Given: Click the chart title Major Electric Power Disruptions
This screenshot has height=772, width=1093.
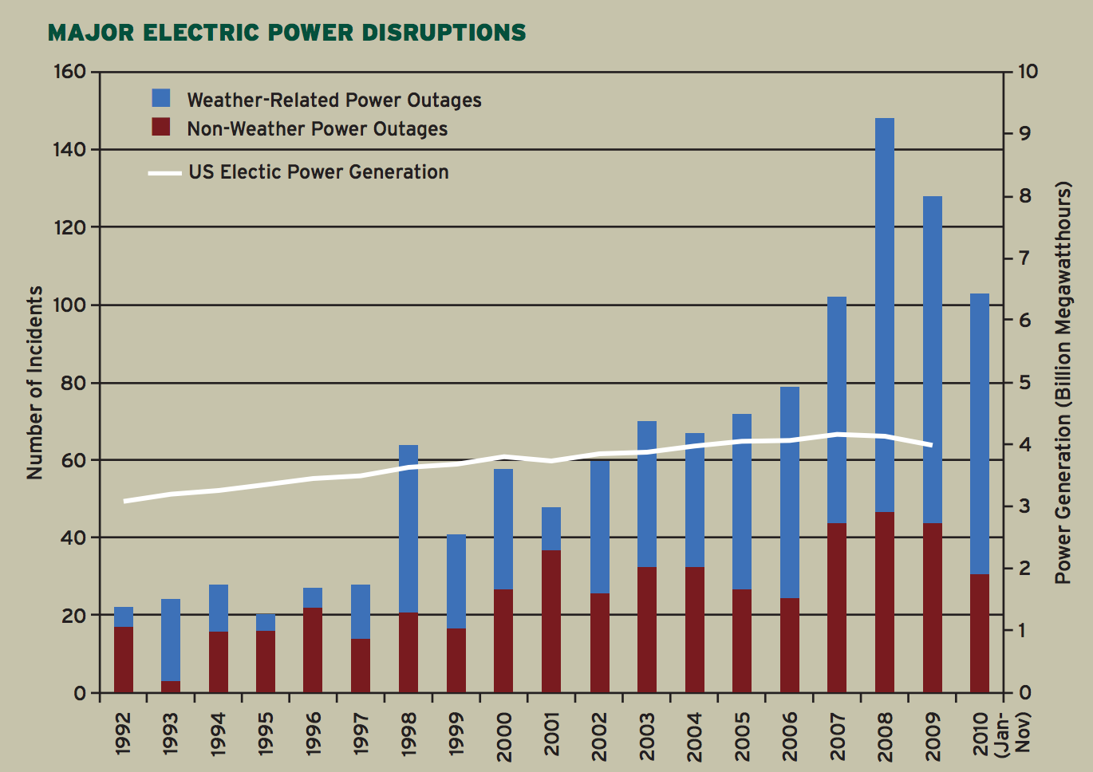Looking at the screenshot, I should [x=286, y=33].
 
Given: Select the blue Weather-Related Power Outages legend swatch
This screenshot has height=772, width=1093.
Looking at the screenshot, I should [x=161, y=98].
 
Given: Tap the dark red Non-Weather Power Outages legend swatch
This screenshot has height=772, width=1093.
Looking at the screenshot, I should [x=161, y=127].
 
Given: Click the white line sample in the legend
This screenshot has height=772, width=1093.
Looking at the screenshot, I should [x=165, y=173].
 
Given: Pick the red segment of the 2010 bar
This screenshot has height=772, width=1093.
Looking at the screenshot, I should [x=980, y=633].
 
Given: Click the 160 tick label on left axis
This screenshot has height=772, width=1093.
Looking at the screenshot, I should [x=69, y=72].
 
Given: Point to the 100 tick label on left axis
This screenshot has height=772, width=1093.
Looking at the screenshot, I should [x=69, y=305].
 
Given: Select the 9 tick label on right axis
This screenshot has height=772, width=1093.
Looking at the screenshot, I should [x=1024, y=134].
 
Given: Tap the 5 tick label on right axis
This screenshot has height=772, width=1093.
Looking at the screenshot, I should [x=1024, y=383].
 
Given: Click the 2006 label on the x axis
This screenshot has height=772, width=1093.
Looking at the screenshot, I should [x=790, y=735].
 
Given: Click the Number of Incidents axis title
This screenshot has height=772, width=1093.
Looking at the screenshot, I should [x=35, y=383].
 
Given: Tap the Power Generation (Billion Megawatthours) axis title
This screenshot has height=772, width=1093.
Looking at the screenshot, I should [x=1063, y=383].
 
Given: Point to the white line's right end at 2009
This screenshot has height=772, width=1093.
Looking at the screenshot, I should [x=931, y=445].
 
